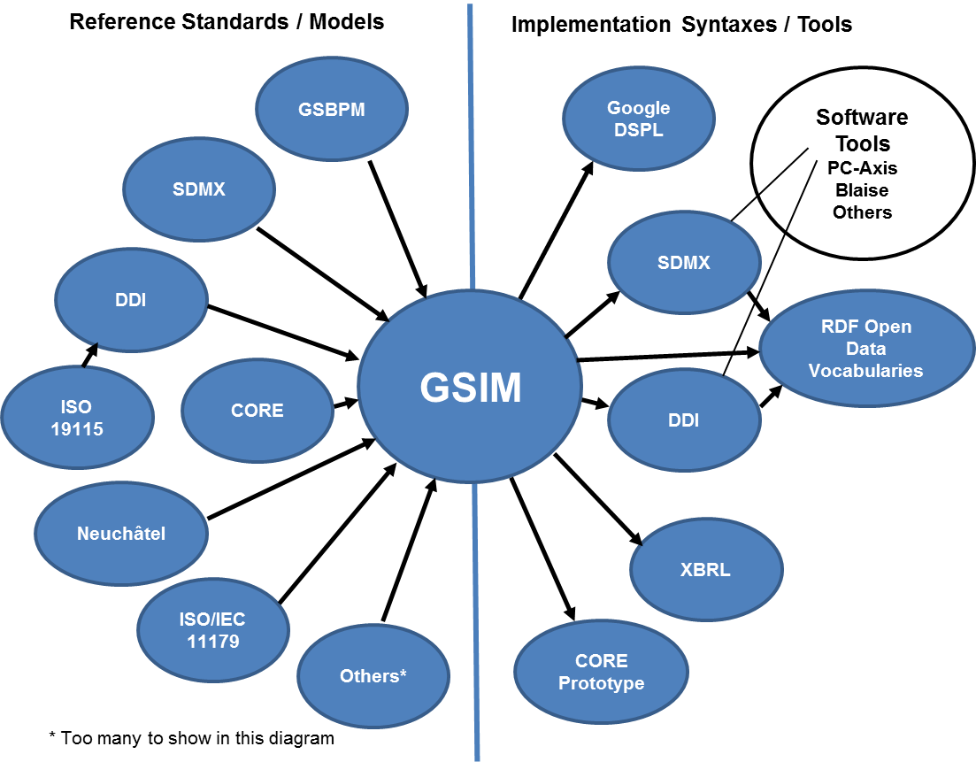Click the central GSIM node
point(470,388)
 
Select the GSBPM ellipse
point(332,110)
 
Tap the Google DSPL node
point(638,118)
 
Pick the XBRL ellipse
point(706,569)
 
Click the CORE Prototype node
point(601,672)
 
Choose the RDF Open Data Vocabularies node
point(865,349)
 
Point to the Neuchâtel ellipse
point(121,534)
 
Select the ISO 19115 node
point(77,418)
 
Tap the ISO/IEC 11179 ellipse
point(213,629)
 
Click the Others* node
point(373,676)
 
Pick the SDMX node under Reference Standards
point(199,189)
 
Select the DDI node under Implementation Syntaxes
point(683,420)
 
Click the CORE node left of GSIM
point(257,411)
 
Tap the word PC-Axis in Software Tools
point(862,168)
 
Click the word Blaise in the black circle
point(862,190)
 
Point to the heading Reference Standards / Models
point(227,21)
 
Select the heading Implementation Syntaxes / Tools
point(681,24)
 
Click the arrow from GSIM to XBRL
point(597,498)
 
